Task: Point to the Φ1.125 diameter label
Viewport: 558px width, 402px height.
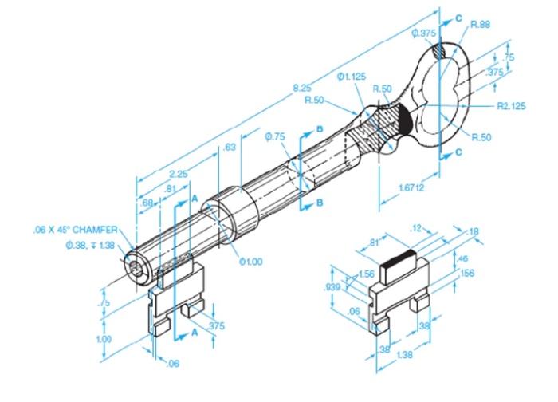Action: click(352, 77)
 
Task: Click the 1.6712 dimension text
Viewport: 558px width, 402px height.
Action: click(412, 187)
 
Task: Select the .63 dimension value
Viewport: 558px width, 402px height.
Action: click(230, 147)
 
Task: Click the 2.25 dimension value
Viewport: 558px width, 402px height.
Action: click(179, 173)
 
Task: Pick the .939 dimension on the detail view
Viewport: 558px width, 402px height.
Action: click(333, 287)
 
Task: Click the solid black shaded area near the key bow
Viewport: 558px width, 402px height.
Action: click(405, 120)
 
